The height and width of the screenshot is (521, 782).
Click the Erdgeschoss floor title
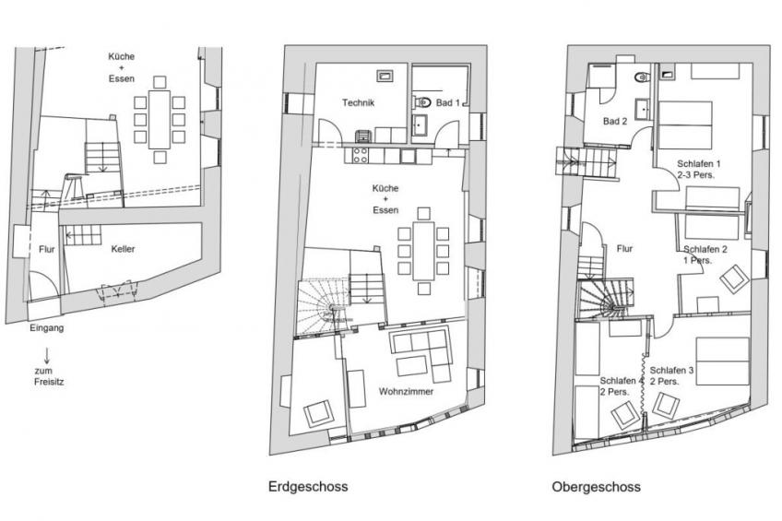pyautogui.click(x=308, y=487)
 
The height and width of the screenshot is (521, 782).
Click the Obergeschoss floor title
pyautogui.click(x=596, y=487)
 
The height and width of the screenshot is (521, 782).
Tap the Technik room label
pyautogui.click(x=358, y=102)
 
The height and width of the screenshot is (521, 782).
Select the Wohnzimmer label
pyautogui.click(x=406, y=391)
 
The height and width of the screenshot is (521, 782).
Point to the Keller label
pyautogui.click(x=123, y=249)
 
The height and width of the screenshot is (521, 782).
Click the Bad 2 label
pyautogui.click(x=615, y=121)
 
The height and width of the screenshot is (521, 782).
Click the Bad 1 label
pyautogui.click(x=448, y=102)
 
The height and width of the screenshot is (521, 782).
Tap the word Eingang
pyautogui.click(x=46, y=328)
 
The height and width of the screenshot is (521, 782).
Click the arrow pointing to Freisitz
pyautogui.click(x=47, y=355)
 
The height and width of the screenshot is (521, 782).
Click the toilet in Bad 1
pyautogui.click(x=422, y=102)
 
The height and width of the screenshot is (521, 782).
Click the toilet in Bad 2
pyautogui.click(x=643, y=77)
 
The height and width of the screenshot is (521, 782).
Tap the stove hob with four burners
pyautogui.click(x=360, y=155)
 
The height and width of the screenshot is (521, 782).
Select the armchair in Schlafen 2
pyautogui.click(x=734, y=279)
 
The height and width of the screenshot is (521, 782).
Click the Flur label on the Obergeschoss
pyautogui.click(x=624, y=248)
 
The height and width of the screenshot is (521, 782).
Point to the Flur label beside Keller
pyautogui.click(x=46, y=249)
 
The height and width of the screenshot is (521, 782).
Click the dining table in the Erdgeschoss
pyautogui.click(x=423, y=251)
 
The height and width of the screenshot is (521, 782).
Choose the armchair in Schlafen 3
pyautogui.click(x=666, y=406)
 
